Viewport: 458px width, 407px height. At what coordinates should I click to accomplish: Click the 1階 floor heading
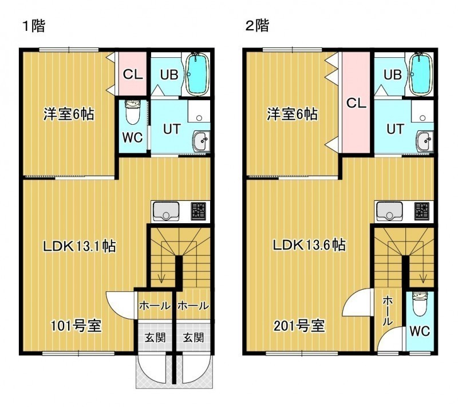pos(34,26)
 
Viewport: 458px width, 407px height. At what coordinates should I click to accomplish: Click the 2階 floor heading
pos(257,26)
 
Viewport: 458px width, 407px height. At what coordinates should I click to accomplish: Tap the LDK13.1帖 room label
pos(80,246)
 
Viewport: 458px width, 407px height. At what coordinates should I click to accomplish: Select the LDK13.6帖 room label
pos(309,245)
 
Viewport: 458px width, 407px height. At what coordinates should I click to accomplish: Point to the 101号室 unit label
pos(76,326)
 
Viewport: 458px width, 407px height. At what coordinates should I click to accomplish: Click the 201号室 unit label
pos(299,326)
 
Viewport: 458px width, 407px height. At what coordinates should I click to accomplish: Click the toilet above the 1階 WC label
pos(133,112)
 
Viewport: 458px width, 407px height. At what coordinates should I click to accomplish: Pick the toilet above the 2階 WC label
pos(420,304)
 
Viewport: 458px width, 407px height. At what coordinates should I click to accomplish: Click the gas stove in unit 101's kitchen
pos(198,211)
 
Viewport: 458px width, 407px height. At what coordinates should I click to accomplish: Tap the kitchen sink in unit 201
pos(389,211)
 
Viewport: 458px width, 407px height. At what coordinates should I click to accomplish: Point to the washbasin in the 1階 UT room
pos(201,141)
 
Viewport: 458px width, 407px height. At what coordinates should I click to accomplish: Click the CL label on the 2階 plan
pos(356,103)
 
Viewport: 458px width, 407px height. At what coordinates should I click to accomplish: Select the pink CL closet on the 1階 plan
pos(132,74)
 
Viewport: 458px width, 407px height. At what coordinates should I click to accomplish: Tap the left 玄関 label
pos(155,338)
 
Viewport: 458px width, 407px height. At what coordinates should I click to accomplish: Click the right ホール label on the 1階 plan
pos(193,306)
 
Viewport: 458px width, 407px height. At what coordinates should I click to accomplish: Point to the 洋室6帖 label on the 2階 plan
pos(292,114)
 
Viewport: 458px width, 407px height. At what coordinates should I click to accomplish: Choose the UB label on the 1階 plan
pos(169,75)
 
